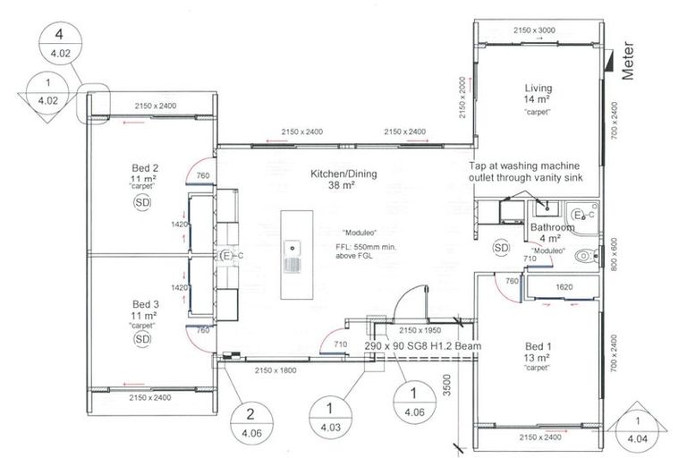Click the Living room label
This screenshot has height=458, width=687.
538,89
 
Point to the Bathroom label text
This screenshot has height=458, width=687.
552,227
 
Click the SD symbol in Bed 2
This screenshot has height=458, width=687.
142,203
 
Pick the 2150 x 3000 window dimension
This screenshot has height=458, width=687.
535,30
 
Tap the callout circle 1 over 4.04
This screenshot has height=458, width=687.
638,430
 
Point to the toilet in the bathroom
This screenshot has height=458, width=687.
587,255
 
